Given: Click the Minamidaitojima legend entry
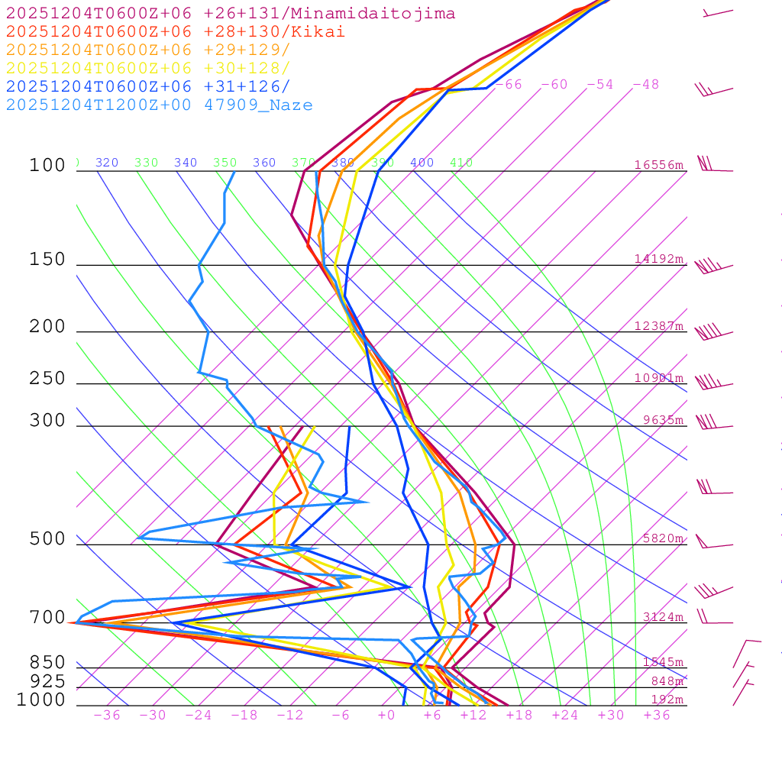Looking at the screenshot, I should (x=231, y=14).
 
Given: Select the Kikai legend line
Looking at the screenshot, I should (x=175, y=32).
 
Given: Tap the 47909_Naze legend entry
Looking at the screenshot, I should (x=159, y=105).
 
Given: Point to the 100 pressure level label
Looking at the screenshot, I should (x=47, y=166).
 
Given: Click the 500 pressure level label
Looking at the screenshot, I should (x=47, y=540).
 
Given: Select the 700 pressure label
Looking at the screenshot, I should (x=47, y=618).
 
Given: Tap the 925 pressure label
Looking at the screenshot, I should (x=47, y=681).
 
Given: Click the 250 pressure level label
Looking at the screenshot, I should (x=47, y=379).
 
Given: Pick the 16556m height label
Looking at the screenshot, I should (x=659, y=165).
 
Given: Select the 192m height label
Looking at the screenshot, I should (x=667, y=700).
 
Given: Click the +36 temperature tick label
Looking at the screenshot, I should (x=657, y=715).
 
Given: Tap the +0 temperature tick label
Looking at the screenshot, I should (x=386, y=715).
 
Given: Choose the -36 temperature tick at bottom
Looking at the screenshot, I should (x=107, y=715).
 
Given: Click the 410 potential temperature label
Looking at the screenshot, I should (x=461, y=163).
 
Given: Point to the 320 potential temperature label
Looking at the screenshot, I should (x=107, y=163).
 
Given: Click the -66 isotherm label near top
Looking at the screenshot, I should (x=509, y=85).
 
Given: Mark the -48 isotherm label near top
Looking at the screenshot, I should (x=645, y=85).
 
